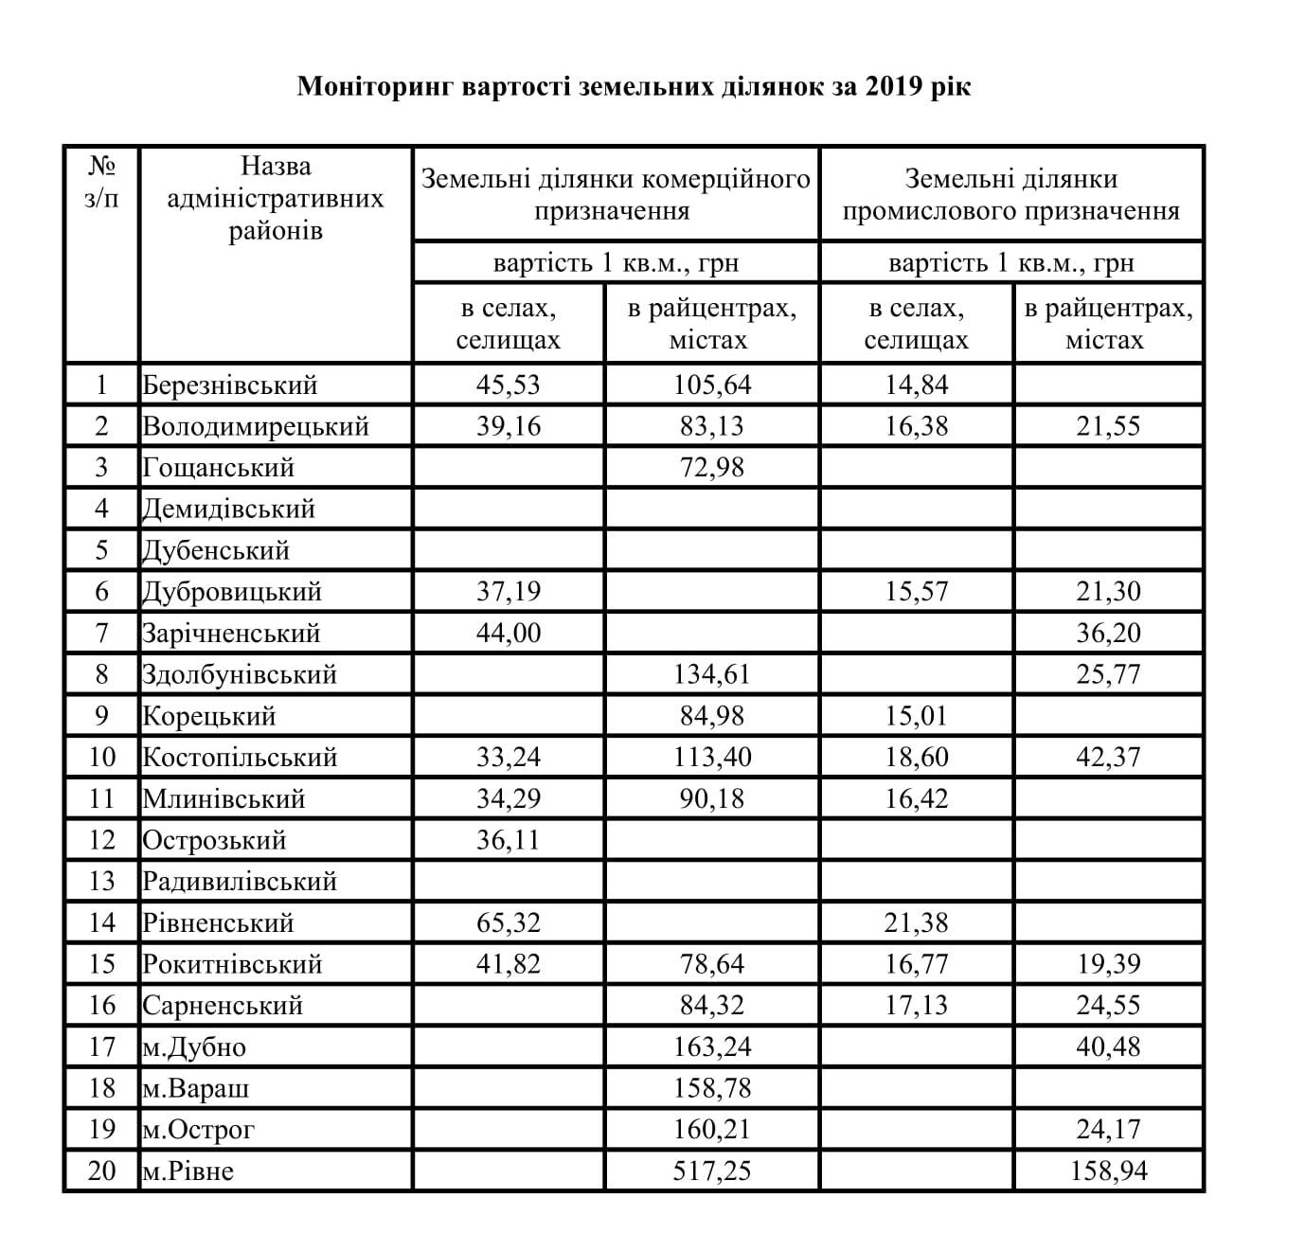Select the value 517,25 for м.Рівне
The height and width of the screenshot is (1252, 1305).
tap(711, 1172)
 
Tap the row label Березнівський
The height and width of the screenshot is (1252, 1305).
tap(230, 385)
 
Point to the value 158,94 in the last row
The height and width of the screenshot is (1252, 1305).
tap(1108, 1172)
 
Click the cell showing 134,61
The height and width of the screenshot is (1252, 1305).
tap(711, 674)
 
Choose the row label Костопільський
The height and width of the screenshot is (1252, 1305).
tap(240, 758)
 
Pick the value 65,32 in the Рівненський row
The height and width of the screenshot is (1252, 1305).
tap(509, 922)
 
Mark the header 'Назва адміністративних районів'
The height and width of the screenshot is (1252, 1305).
tap(275, 198)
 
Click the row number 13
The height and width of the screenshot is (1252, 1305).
tap(101, 882)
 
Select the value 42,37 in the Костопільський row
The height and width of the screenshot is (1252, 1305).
tap(1108, 758)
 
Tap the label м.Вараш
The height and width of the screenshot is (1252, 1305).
tap(196, 1088)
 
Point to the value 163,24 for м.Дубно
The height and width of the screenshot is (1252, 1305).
tap(711, 1047)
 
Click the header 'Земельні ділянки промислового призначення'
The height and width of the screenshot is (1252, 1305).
tap(1010, 194)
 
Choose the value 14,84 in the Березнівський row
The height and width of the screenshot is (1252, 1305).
tap(916, 385)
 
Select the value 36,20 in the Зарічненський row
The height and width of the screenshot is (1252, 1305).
tap(1108, 633)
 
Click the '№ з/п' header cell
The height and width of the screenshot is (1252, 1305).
tap(101, 183)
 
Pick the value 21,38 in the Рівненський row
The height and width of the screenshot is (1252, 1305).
tap(916, 922)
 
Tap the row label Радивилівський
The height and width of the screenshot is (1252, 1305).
tap(240, 882)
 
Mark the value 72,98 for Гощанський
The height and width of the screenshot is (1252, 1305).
tap(711, 468)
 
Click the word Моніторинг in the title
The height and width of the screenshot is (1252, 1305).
tap(376, 87)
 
